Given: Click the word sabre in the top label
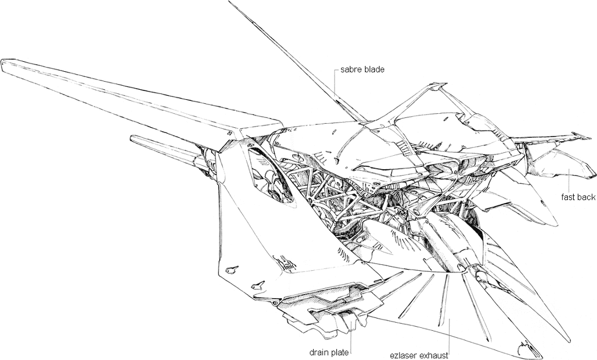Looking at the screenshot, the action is tap(350, 69).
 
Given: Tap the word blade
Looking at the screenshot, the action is tap(374, 69).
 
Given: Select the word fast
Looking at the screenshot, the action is tap(568, 197).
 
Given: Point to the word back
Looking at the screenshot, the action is tap(586, 197).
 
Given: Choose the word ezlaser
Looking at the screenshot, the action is tap(403, 356).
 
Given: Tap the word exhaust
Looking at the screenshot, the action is tap(433, 356).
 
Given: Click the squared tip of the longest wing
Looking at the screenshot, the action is tap(5, 65).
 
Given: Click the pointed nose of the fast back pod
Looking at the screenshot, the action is tap(592, 174).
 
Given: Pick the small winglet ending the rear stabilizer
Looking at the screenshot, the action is tap(581, 135).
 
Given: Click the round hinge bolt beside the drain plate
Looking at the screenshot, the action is tap(274, 303).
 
